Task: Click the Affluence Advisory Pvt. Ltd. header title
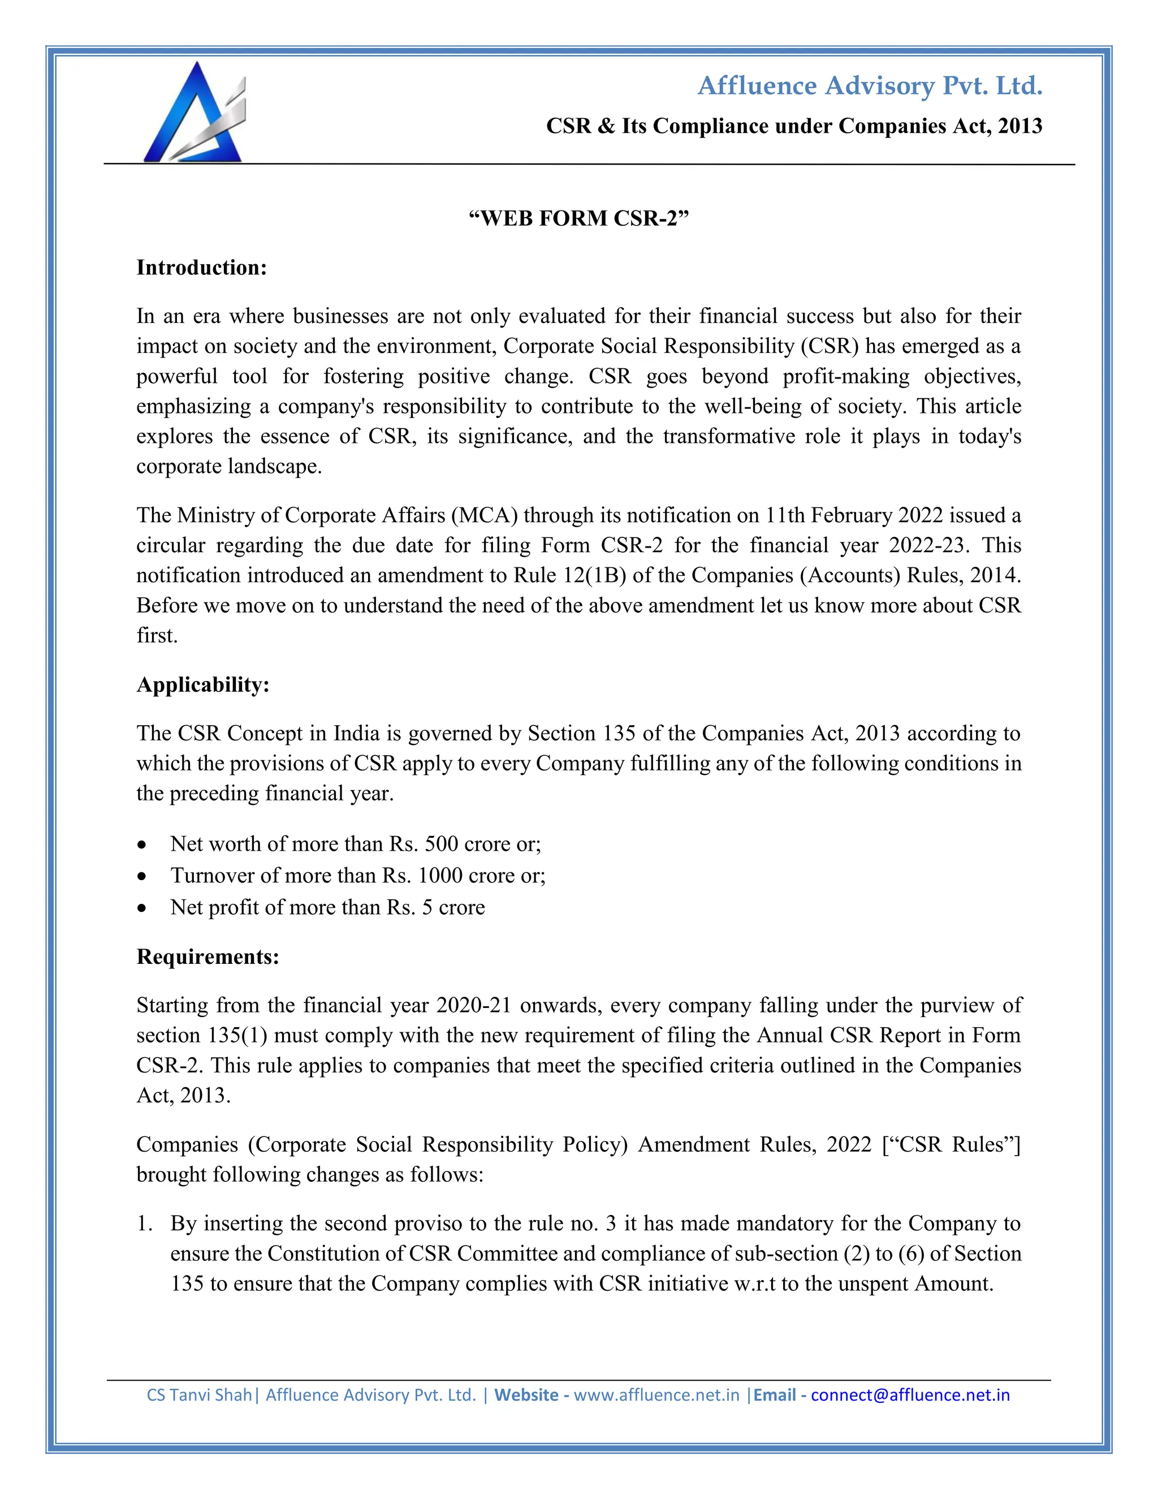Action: (869, 86)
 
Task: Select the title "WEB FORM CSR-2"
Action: (578, 218)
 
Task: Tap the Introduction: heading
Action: (201, 268)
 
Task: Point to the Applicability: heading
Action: (202, 684)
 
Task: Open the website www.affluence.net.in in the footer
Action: (656, 1395)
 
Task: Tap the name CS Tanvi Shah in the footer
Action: (199, 1395)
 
